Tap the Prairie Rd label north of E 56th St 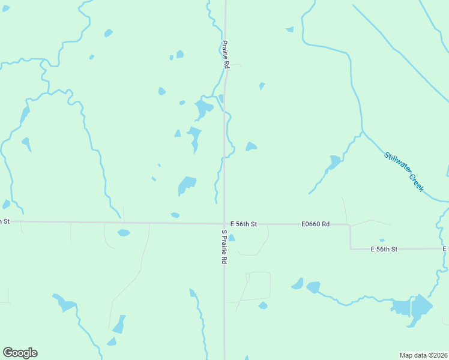point(226,55)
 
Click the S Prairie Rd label point(224,247)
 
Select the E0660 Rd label point(316,224)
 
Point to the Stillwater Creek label point(405,172)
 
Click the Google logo point(20,353)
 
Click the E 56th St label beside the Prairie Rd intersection point(243,224)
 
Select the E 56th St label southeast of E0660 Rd point(384,248)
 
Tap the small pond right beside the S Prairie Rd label point(232,238)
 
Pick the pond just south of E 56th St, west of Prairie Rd point(124,233)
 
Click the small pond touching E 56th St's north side point(175,215)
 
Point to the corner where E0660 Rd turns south point(350,226)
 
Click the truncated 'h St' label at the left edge point(5,221)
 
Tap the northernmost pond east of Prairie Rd point(290,29)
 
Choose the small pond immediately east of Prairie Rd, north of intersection point(251,146)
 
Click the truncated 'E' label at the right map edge point(446,248)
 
